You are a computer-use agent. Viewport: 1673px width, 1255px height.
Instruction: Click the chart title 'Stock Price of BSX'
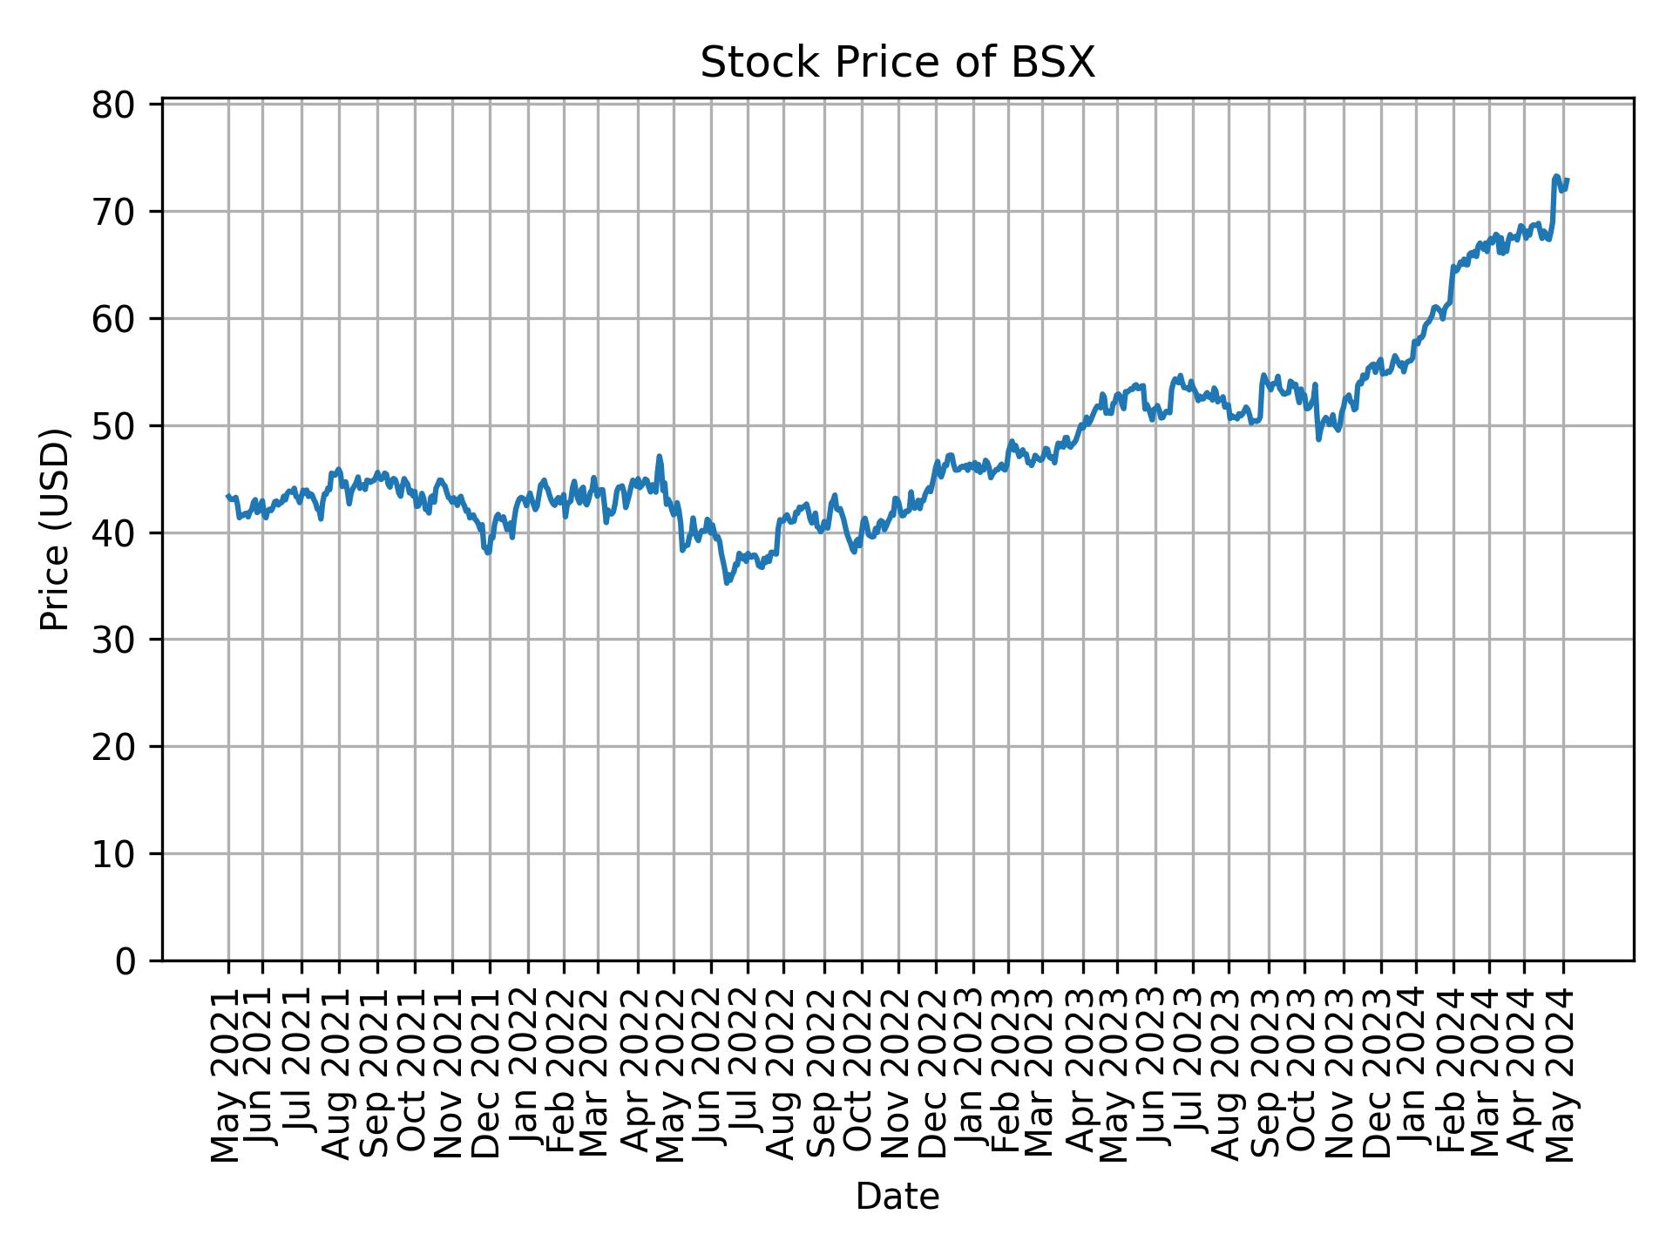[897, 64]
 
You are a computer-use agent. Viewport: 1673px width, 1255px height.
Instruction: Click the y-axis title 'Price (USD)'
[55, 529]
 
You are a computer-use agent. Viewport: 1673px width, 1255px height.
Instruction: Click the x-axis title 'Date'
[897, 1197]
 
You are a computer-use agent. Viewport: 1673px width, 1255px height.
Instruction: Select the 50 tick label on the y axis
[112, 426]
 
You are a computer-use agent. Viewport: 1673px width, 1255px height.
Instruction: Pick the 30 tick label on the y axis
[112, 640]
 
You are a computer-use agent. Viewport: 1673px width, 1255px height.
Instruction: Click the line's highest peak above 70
[1556, 177]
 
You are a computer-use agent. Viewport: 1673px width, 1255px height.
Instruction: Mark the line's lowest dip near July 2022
[727, 582]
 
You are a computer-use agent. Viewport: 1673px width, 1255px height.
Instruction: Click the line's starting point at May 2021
[228, 496]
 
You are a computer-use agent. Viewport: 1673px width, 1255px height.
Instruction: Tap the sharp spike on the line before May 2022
[660, 456]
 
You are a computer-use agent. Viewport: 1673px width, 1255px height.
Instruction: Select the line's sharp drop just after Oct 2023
[1318, 438]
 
